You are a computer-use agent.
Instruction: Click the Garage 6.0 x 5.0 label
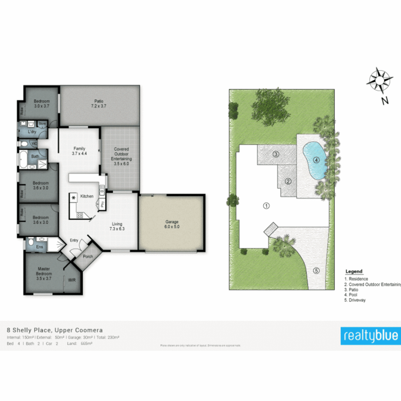[x=172, y=224]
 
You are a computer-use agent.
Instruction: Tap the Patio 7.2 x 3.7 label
[x=98, y=104]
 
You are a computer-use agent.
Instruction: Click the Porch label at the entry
[x=88, y=257]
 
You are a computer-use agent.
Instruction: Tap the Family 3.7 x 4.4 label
[x=79, y=151]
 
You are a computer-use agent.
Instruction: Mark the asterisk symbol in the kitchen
[x=74, y=198]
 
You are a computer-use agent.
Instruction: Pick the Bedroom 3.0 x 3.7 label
[x=42, y=104]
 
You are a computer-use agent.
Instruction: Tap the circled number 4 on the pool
[x=316, y=160]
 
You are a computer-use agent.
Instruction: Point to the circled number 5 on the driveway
[x=316, y=271]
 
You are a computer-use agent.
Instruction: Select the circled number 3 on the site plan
[x=276, y=154]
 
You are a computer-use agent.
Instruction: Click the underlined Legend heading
[x=354, y=271]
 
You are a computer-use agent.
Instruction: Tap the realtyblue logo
[x=371, y=336]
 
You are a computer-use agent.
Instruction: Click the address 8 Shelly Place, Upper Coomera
[x=55, y=330]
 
